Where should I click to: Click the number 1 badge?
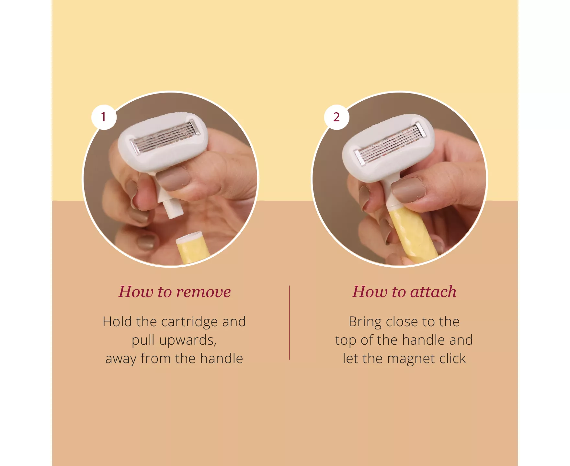click(x=104, y=117)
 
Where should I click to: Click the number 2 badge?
click(x=336, y=117)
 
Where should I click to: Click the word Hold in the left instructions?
click(x=118, y=322)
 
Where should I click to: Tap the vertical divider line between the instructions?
click(x=289, y=323)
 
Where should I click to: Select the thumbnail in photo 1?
click(x=174, y=178)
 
